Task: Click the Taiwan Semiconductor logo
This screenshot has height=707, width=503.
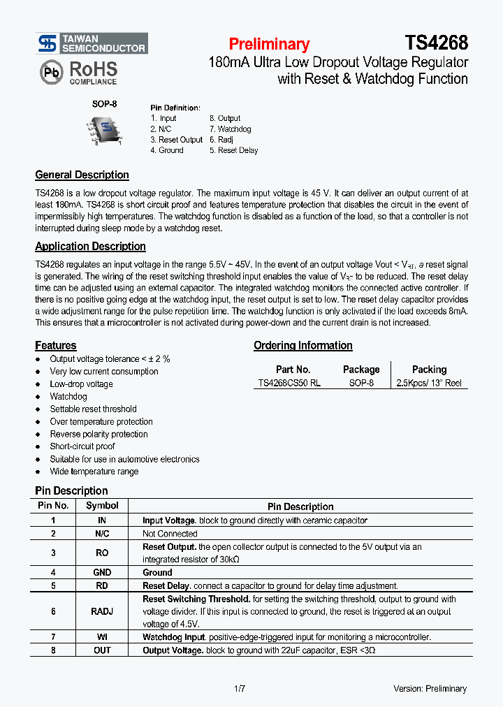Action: (92, 43)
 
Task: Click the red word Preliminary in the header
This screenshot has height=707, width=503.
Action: (269, 44)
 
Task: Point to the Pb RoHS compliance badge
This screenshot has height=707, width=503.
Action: (78, 72)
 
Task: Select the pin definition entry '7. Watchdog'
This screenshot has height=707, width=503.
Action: (230, 129)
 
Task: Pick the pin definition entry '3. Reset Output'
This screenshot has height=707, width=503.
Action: (176, 140)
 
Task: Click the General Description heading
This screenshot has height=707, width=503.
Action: (82, 175)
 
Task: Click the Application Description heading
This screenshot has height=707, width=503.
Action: (90, 247)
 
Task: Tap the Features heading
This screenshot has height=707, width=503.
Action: (56, 346)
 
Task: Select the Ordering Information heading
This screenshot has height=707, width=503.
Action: (302, 346)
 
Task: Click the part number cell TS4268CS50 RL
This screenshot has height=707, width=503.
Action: (289, 384)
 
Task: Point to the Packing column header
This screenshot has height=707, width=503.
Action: (429, 370)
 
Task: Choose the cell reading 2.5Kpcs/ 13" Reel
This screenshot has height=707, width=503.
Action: (429, 384)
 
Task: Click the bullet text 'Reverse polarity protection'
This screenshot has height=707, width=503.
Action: (99, 435)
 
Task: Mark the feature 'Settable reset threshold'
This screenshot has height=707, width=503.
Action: (93, 409)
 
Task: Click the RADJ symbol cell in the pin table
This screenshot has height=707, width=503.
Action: (102, 611)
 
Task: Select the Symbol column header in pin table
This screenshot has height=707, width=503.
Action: (102, 506)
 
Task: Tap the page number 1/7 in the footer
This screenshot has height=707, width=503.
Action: (240, 689)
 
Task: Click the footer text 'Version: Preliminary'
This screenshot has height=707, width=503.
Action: (430, 689)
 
